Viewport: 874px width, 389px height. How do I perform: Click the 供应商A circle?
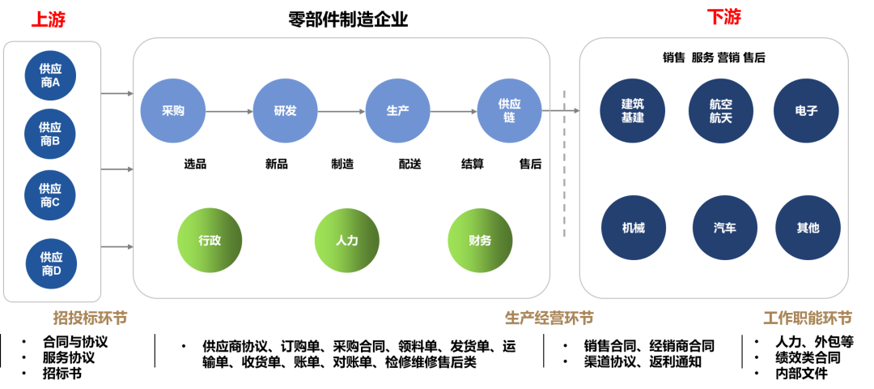click(50, 76)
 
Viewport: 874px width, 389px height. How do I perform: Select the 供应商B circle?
click(50, 135)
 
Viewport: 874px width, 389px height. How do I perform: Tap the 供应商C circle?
click(50, 195)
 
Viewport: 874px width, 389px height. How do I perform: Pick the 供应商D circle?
click(51, 263)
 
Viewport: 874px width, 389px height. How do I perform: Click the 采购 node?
click(173, 111)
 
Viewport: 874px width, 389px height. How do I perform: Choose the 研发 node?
click(285, 111)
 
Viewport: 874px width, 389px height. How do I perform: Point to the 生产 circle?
click(397, 111)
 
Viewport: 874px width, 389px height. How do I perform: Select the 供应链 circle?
click(509, 111)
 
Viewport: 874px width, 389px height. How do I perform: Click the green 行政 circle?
click(210, 240)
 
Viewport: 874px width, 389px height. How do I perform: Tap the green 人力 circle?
click(346, 240)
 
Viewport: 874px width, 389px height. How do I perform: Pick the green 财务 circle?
click(480, 240)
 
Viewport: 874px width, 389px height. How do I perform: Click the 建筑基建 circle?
click(633, 111)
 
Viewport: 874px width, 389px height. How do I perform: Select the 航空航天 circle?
click(720, 111)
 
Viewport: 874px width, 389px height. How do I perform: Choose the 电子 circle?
click(806, 111)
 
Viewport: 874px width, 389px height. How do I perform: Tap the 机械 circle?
click(634, 228)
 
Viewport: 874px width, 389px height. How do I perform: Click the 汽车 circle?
click(724, 228)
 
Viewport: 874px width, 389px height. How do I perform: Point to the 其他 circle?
click(808, 228)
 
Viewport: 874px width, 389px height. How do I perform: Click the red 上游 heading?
click(48, 19)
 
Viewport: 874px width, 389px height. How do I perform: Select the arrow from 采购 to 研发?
click(229, 112)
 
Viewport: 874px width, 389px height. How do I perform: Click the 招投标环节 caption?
click(90, 318)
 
